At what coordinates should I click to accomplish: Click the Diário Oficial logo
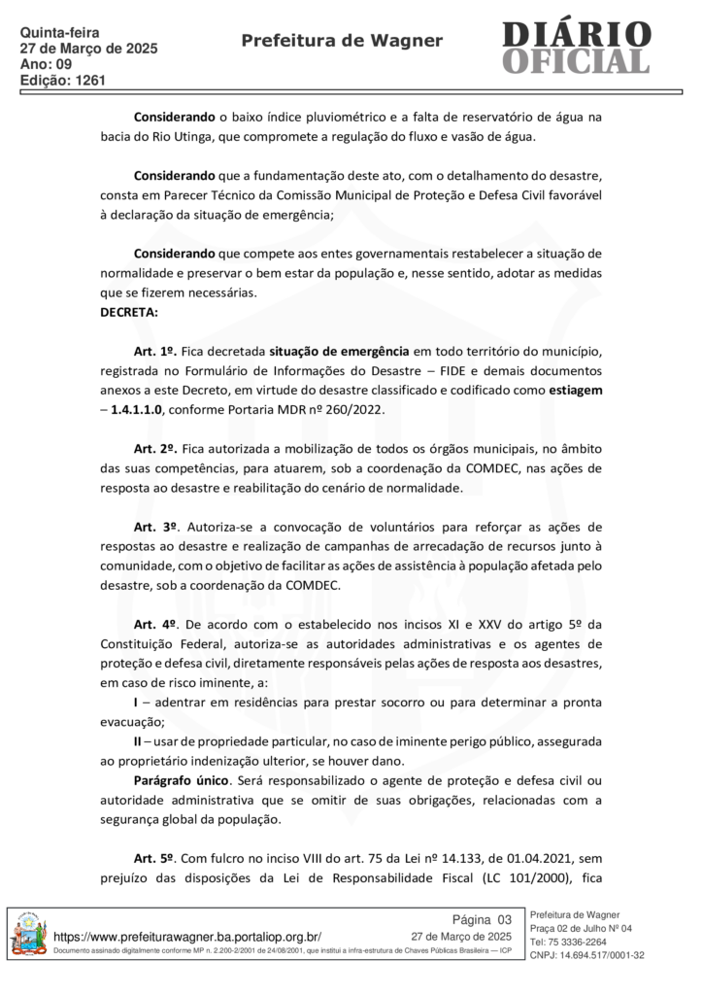click(x=576, y=47)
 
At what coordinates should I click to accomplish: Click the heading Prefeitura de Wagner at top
click(x=341, y=40)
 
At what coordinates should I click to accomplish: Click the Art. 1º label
click(x=154, y=350)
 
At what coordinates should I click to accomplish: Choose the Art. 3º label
click(x=155, y=526)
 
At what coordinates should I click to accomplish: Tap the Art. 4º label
click(x=154, y=623)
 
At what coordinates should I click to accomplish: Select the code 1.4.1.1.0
click(x=138, y=408)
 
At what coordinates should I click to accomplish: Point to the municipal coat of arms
click(x=28, y=939)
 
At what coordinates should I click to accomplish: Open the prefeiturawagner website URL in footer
click(x=194, y=935)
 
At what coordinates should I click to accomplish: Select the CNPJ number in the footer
click(x=587, y=955)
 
